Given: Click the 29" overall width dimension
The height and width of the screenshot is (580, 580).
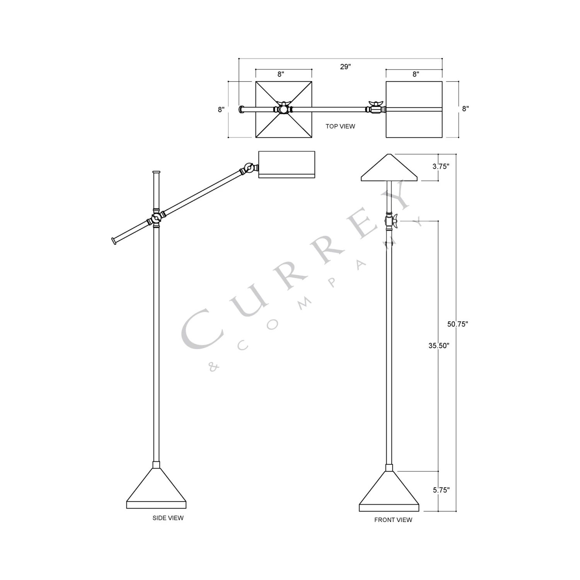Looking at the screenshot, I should pos(345,67).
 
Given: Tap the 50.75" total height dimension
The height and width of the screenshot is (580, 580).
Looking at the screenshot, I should pos(457,324).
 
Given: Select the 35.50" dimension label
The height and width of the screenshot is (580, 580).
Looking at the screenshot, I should pos(438,346).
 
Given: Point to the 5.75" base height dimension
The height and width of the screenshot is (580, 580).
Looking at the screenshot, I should pos(441,490).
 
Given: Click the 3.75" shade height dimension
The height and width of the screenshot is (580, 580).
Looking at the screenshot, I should pos(440,167).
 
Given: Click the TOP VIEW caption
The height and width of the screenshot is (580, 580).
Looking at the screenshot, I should pos(340,126).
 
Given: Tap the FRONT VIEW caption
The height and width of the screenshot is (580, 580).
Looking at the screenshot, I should pos(393,520).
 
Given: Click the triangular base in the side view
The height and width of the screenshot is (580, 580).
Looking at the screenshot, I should pos(156,489).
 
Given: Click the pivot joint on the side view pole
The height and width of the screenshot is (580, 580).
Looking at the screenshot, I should pos(156,219).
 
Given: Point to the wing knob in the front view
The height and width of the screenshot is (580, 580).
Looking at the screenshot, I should pos(390,221).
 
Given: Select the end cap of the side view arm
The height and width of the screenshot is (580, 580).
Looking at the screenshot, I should pos(114,241).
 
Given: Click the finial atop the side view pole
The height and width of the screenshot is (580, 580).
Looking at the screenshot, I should pos(156,171).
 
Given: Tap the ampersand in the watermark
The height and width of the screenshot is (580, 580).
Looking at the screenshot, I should pos(213,367).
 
